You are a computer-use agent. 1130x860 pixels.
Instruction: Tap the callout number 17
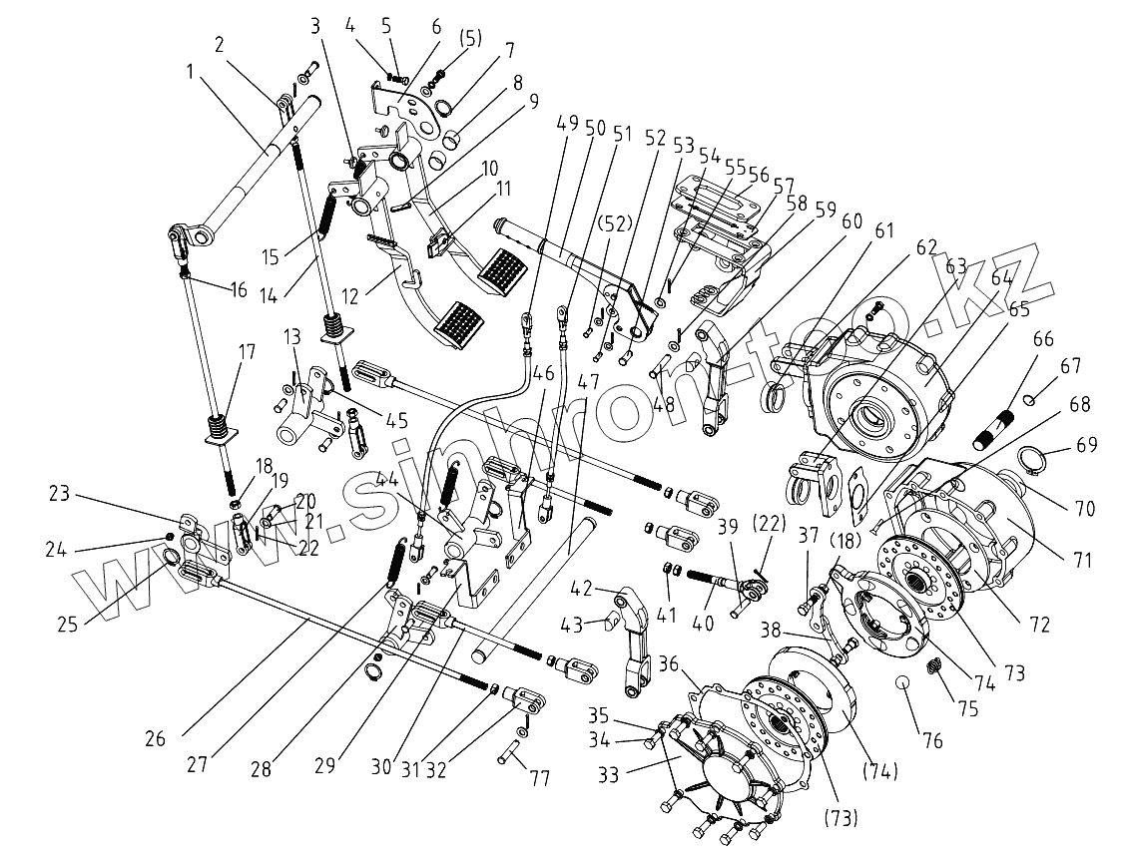pos(247,352)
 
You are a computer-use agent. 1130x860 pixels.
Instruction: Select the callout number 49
pos(568,126)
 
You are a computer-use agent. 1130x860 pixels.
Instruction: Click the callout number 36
pos(669,662)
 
